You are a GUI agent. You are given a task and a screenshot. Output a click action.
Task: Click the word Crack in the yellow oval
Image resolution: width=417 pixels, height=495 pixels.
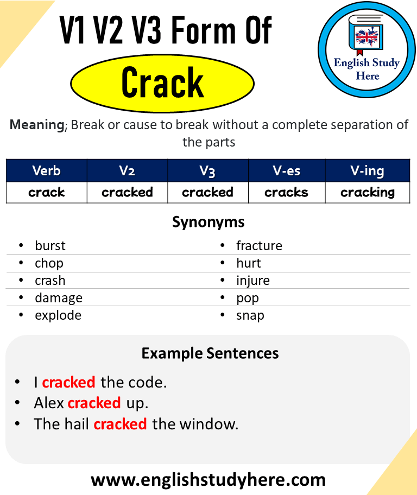coord(162,82)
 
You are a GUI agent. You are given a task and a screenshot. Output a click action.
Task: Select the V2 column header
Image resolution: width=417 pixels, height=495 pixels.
coord(127,171)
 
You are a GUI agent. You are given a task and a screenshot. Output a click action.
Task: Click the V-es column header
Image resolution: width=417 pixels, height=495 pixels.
coord(287,171)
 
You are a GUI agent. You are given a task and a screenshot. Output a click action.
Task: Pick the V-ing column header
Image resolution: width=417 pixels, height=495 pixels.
coord(368,171)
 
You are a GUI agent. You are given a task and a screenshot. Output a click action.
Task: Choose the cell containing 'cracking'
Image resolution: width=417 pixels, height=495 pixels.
coord(368,192)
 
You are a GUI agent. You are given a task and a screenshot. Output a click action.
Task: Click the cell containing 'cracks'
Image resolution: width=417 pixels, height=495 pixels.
coord(287,192)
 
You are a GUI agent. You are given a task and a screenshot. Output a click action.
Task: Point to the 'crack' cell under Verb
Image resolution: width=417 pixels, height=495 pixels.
coord(47,192)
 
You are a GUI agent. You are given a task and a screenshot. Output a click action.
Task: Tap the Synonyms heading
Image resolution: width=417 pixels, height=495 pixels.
coord(208,222)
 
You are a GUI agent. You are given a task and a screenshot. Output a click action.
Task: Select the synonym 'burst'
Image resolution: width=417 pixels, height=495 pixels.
coord(50,246)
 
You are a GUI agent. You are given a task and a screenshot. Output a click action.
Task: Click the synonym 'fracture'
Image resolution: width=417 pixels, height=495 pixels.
coord(259,246)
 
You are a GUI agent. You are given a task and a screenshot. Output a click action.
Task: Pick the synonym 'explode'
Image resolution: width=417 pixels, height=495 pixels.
coord(58,315)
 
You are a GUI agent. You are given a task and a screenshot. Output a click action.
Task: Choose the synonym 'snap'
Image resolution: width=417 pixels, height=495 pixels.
coord(250,315)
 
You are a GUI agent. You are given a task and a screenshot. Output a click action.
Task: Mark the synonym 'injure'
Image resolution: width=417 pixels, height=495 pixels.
coord(252,281)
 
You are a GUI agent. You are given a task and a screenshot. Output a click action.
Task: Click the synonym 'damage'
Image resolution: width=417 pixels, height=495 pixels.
coord(59,298)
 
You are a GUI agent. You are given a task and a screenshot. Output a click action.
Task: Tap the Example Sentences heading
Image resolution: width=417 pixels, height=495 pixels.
coord(210,353)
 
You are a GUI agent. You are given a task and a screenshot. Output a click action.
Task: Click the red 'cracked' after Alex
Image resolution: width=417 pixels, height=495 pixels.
coord(94,403)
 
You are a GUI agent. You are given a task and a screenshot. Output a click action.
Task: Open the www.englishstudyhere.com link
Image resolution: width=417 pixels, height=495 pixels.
coord(208,480)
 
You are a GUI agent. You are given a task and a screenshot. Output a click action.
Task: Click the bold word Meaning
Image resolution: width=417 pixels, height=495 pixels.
coord(37,125)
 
